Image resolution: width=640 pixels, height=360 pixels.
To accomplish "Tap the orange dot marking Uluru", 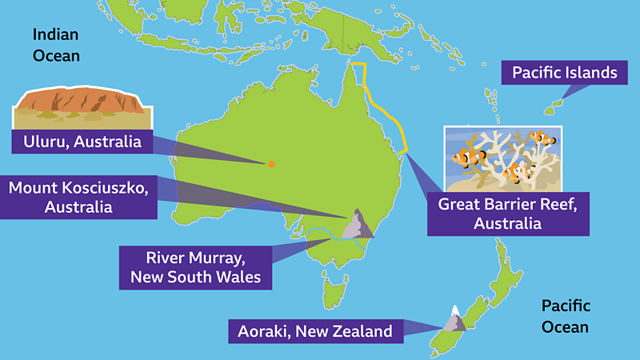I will pos(271,164).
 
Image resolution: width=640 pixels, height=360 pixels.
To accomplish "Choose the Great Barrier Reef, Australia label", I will pos(507,214).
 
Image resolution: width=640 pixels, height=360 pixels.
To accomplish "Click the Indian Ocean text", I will pos(56,45).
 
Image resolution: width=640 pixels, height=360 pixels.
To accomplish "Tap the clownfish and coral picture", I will pos(503,156).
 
